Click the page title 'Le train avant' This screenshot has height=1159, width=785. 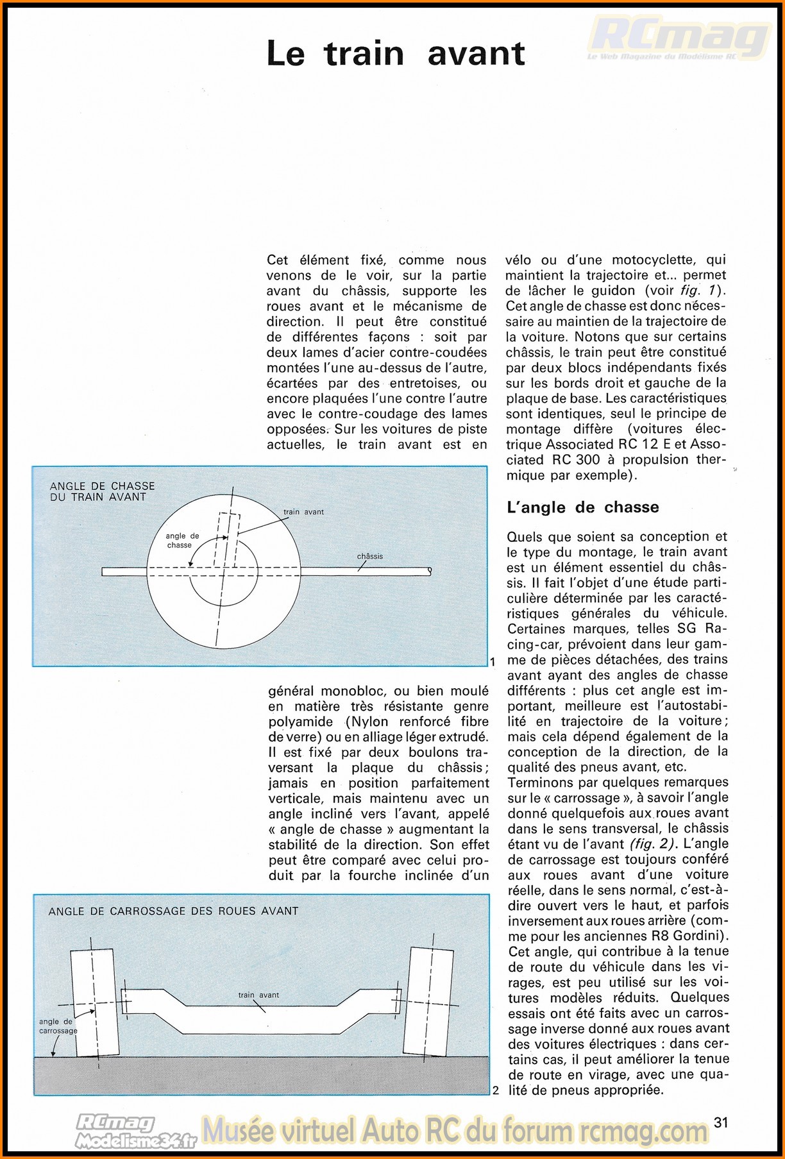tap(396, 53)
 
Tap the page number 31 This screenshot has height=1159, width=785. tap(722, 1122)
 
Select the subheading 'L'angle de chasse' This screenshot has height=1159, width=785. tap(582, 507)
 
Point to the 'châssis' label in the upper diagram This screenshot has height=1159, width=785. tap(369, 556)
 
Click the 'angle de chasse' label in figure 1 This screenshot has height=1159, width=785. tap(182, 540)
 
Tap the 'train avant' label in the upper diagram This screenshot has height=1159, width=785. tap(303, 512)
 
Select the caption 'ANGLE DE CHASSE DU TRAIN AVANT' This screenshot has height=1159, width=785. tap(102, 491)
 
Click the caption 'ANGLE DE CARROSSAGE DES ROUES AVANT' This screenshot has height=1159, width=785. tap(173, 911)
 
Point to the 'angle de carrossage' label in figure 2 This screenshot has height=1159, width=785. tap(57, 1026)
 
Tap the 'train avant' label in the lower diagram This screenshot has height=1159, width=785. tap(258, 995)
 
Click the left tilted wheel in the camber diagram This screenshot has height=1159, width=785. tap(94, 1002)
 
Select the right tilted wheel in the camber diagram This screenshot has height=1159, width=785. tap(428, 1002)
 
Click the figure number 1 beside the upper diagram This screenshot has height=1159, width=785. tap(493, 661)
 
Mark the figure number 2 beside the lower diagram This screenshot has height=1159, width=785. tap(495, 1090)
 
